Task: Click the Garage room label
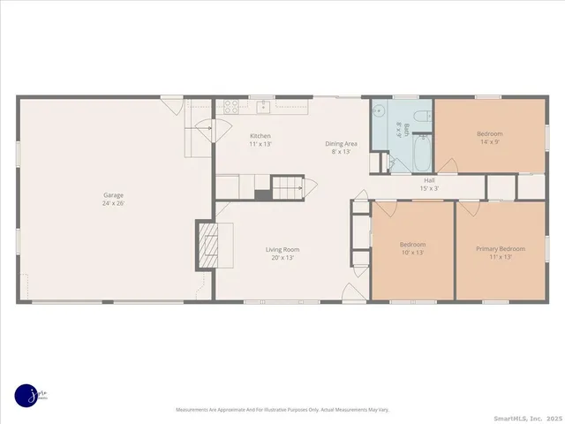[113, 195]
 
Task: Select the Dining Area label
[341, 144]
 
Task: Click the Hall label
[429, 180]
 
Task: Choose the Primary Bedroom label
[501, 249]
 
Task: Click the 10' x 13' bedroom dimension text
[412, 253]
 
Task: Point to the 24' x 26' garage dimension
[113, 203]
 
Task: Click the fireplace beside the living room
[206, 243]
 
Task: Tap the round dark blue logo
[27, 395]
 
